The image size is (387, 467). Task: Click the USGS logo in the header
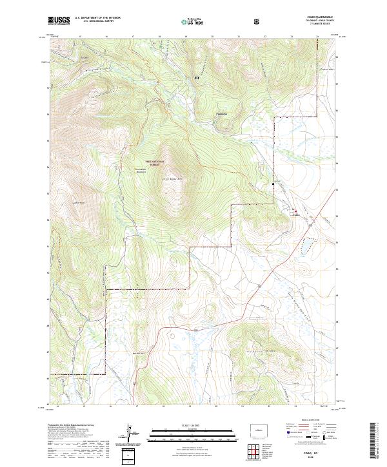point(59,21)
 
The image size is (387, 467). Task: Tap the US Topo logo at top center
point(194,21)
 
